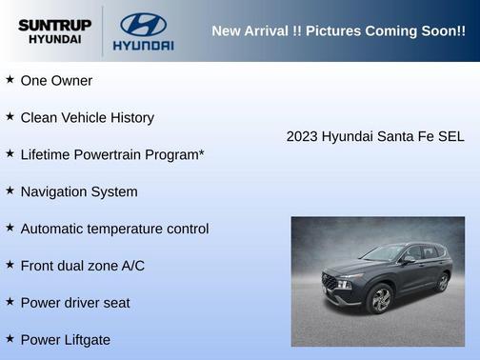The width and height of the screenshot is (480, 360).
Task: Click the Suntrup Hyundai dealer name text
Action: tap(54, 31)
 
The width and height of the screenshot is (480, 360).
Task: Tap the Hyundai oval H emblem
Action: tap(143, 24)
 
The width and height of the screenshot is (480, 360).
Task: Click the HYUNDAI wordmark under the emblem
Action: tap(143, 45)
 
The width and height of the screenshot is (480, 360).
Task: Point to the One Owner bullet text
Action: tap(56, 81)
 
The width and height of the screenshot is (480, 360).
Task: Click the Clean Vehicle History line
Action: tap(87, 118)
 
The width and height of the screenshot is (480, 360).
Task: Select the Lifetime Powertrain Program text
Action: tap(111, 154)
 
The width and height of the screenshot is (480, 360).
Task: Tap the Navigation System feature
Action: tap(78, 191)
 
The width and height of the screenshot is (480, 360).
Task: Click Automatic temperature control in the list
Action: tap(114, 229)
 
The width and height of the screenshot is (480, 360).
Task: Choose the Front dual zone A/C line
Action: tap(82, 266)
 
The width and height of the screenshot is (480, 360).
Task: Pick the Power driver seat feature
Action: tap(74, 303)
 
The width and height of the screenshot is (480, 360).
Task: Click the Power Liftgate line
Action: tap(65, 340)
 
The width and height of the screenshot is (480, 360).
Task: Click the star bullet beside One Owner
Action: tap(10, 80)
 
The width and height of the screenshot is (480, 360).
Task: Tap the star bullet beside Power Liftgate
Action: tap(10, 339)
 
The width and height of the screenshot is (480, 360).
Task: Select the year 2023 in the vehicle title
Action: tap(302, 136)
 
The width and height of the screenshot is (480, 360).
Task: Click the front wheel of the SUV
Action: tap(379, 299)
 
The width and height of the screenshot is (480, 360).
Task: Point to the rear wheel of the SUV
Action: tap(442, 282)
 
